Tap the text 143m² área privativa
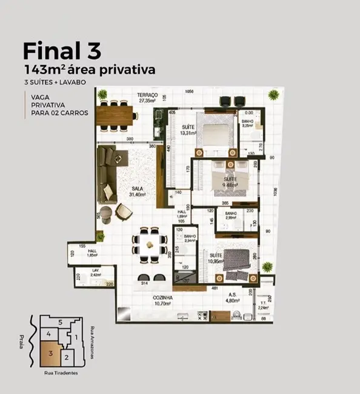89,68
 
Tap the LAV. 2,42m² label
87,273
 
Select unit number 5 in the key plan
60,322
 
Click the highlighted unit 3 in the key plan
52,352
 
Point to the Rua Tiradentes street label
61,373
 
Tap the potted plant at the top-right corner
275,95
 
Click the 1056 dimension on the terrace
189,91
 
